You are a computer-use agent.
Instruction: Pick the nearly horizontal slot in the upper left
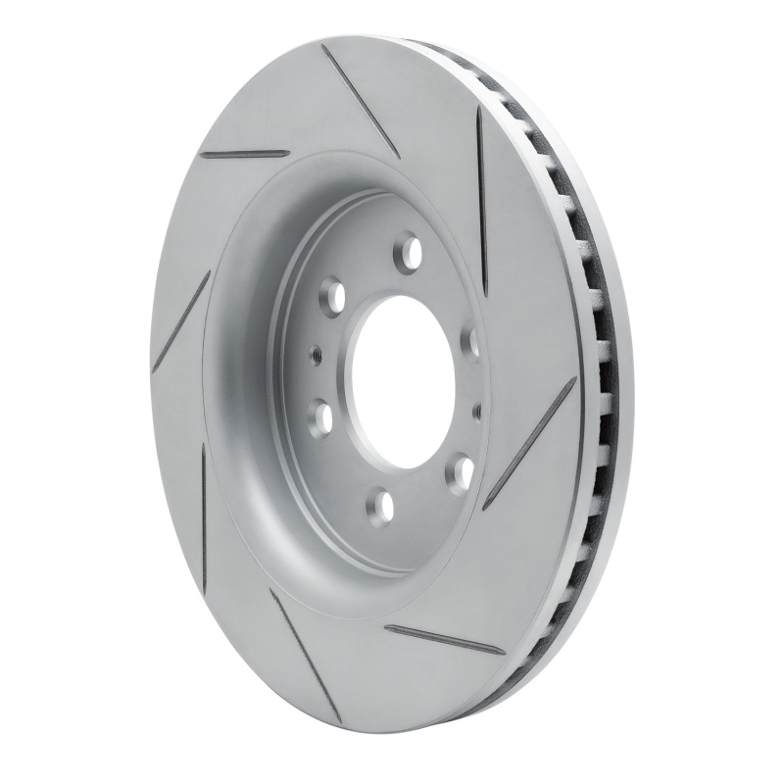click(244, 154)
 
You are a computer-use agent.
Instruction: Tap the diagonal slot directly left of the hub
click(182, 320)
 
